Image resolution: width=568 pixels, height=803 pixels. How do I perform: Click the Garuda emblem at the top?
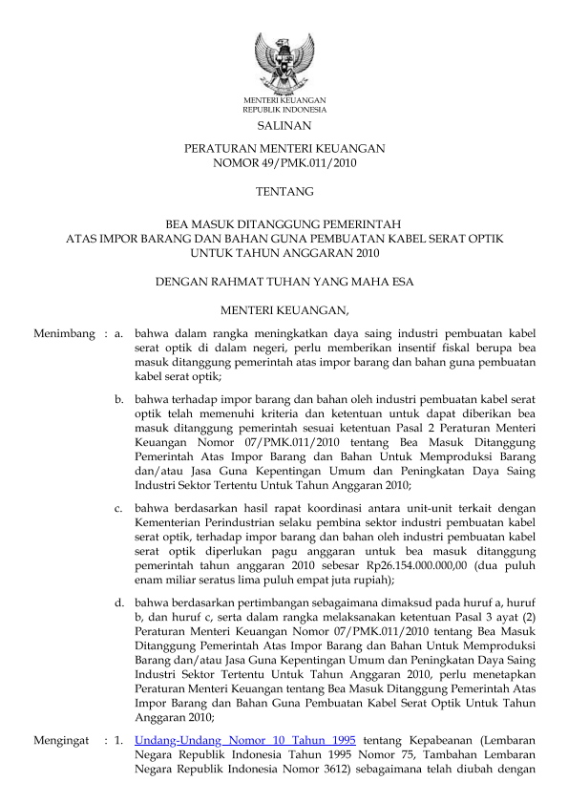point(284,61)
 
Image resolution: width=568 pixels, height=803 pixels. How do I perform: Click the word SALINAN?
point(284,125)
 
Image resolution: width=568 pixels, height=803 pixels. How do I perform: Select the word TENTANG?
point(284,192)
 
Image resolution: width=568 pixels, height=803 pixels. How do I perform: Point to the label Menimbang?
point(64,334)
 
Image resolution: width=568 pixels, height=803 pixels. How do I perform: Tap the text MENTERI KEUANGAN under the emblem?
point(284,100)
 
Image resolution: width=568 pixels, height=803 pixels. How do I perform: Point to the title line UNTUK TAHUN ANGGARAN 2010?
point(284,254)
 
